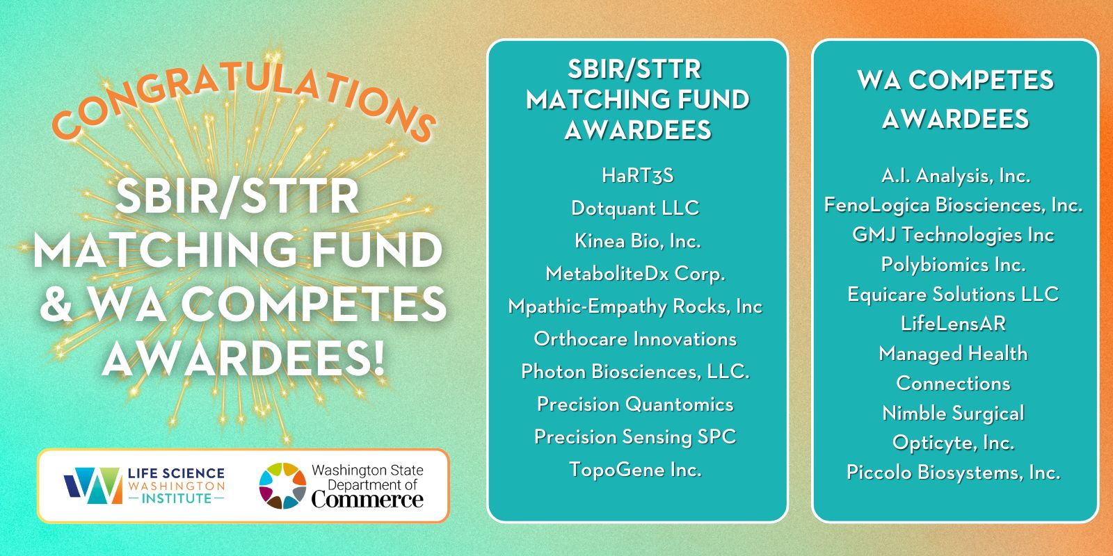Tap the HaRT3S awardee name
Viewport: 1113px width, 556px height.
[x=638, y=175]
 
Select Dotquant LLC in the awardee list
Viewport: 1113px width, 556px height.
[x=636, y=208]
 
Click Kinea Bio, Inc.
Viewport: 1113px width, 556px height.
[x=638, y=240]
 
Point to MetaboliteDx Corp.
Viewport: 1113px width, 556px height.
[x=636, y=274]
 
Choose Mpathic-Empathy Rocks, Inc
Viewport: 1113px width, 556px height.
[x=636, y=306]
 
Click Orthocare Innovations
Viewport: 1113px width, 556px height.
[x=636, y=339]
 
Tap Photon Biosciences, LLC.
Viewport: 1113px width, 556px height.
[x=636, y=371]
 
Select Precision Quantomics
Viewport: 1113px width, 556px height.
[x=636, y=404]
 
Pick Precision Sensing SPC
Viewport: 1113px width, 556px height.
[x=636, y=437]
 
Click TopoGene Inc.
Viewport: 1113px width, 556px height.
[x=636, y=470]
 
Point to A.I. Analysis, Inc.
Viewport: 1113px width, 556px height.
[x=956, y=176]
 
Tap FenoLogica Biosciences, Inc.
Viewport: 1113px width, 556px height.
[x=954, y=205]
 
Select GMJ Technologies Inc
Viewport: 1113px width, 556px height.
[x=954, y=235]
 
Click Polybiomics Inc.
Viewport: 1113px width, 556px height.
[x=954, y=265]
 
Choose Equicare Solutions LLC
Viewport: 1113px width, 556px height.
[x=954, y=295]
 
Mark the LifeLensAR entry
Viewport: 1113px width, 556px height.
[x=954, y=324]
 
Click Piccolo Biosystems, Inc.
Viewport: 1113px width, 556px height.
[x=954, y=472]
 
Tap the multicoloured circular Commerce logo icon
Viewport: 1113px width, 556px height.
[x=282, y=486]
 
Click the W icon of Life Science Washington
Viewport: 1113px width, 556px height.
[x=93, y=486]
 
